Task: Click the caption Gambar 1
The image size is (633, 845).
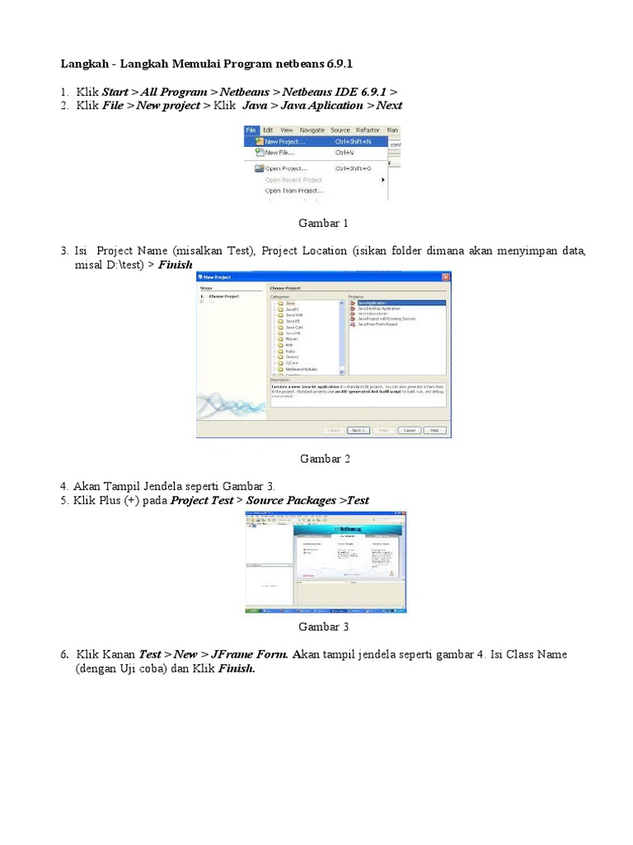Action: click(323, 223)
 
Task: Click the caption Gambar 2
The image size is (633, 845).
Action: click(325, 459)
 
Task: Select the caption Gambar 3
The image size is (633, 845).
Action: click(323, 626)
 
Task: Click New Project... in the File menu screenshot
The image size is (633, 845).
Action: click(284, 142)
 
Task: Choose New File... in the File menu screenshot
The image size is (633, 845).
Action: click(279, 153)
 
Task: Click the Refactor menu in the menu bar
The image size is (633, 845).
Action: click(368, 130)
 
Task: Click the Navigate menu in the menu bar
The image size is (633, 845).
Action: click(312, 130)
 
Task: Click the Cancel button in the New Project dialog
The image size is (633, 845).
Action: click(409, 430)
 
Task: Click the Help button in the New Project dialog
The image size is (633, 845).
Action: click(437, 430)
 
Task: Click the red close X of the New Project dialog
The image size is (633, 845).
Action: click(446, 277)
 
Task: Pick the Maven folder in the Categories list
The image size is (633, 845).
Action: click(293, 338)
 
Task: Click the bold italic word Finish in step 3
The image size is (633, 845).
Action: click(175, 265)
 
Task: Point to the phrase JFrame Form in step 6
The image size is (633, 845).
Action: click(248, 654)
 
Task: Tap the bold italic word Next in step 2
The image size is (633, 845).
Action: click(389, 106)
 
